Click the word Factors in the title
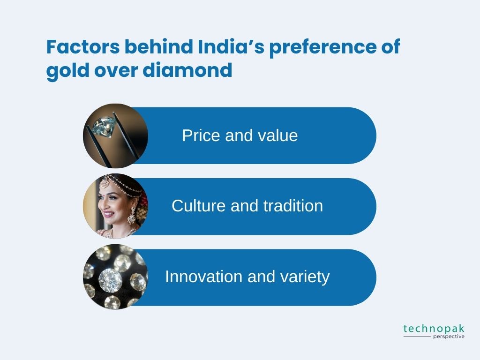point(83,47)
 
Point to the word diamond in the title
point(187,70)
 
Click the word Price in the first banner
point(201,135)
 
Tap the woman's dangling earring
point(132,216)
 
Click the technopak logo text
point(434,329)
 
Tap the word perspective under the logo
point(449,337)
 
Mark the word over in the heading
point(116,70)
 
